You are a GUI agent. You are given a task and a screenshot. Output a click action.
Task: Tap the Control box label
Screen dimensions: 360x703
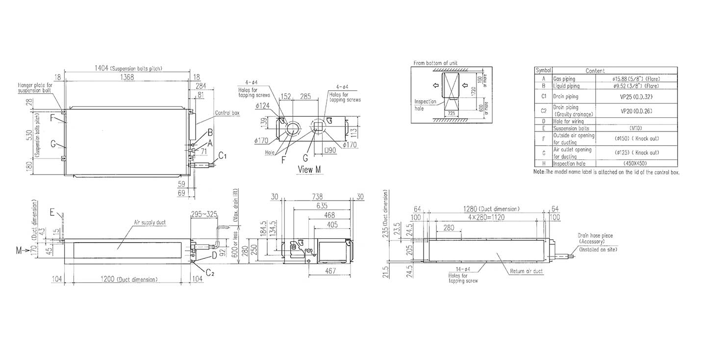coord(227,113)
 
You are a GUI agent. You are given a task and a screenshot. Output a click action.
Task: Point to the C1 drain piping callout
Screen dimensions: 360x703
coord(222,156)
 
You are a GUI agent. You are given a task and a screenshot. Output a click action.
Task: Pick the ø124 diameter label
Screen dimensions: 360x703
coord(263,105)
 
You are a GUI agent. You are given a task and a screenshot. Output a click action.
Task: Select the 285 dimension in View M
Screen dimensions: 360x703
coord(305,97)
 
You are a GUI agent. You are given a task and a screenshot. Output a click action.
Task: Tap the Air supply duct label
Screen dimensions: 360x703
coord(150,222)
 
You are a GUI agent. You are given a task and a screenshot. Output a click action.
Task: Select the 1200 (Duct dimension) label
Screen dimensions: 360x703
coord(126,279)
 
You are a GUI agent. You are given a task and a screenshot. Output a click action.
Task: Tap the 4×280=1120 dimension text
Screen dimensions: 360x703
coord(485,216)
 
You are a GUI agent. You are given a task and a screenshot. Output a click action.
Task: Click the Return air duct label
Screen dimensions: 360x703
coord(523,271)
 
